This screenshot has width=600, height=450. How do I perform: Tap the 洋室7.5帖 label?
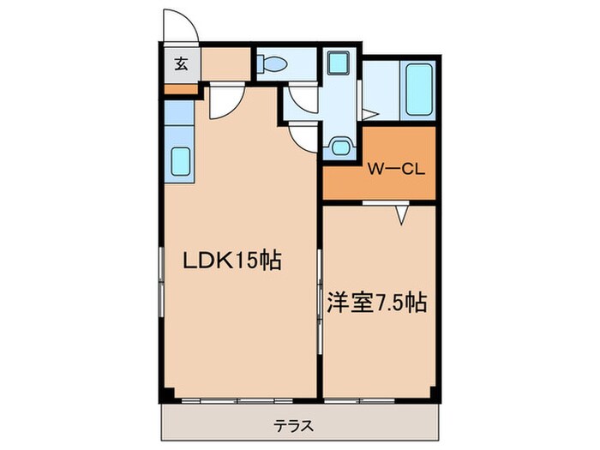(377, 303)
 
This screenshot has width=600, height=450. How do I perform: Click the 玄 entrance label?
(182, 63)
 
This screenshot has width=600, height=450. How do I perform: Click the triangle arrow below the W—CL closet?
(400, 215)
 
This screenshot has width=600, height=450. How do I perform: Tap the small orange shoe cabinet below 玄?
(181, 87)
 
